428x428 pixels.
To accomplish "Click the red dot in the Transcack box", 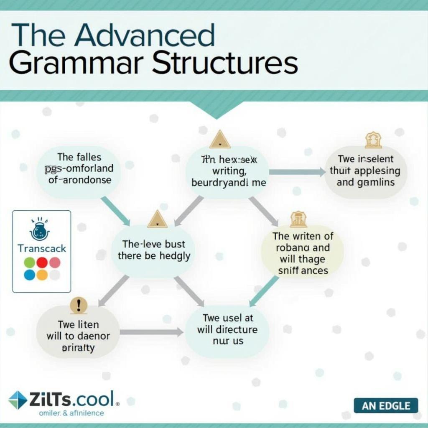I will [x=42, y=262].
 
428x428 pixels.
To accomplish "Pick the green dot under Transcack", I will [x=30, y=262].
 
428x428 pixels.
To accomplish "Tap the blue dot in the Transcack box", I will [x=30, y=275].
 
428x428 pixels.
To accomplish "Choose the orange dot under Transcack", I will [x=42, y=275].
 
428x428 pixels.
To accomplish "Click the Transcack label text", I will [x=42, y=248].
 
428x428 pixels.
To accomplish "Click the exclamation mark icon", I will [x=79, y=305].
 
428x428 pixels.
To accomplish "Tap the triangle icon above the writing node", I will [x=220, y=140].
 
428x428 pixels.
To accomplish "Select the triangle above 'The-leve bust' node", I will [x=158, y=219].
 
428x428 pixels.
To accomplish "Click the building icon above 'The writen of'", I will [x=298, y=219].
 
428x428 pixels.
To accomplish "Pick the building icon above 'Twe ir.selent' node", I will [x=373, y=140].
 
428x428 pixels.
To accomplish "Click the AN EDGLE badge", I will [x=386, y=405].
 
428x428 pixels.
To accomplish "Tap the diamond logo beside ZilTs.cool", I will [x=18, y=400].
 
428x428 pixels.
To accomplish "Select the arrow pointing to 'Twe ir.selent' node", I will [x=296, y=172].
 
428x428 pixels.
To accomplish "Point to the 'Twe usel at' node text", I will [x=228, y=329].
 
